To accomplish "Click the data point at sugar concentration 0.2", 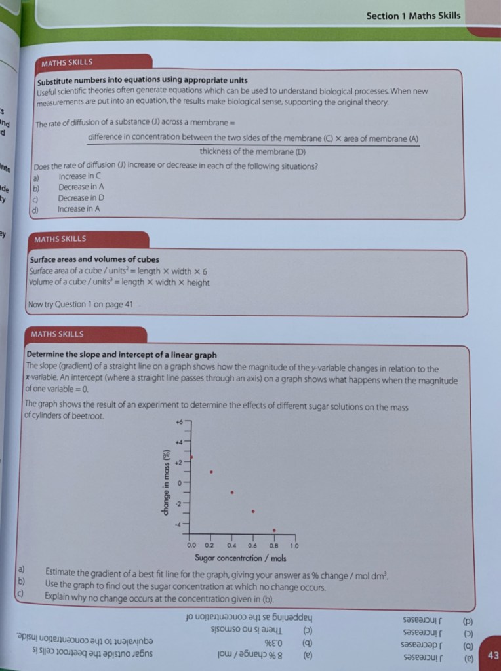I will [x=211, y=472].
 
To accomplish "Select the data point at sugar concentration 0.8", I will [x=274, y=530].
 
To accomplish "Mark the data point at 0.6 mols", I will [x=253, y=511].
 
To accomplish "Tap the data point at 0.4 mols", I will [x=232, y=492].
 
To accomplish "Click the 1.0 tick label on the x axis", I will [x=294, y=545].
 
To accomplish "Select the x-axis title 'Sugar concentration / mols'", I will [x=241, y=558].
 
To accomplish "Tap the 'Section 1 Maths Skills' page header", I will [x=413, y=16].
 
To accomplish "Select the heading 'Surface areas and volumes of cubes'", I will [x=94, y=259].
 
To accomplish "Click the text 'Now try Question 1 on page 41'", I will [x=79, y=304].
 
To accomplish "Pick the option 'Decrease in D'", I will [x=81, y=198].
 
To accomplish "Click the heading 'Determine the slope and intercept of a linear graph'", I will [x=122, y=355].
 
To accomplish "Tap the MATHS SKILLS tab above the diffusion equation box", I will [x=67, y=63].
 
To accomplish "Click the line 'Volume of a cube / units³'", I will [x=119, y=282].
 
